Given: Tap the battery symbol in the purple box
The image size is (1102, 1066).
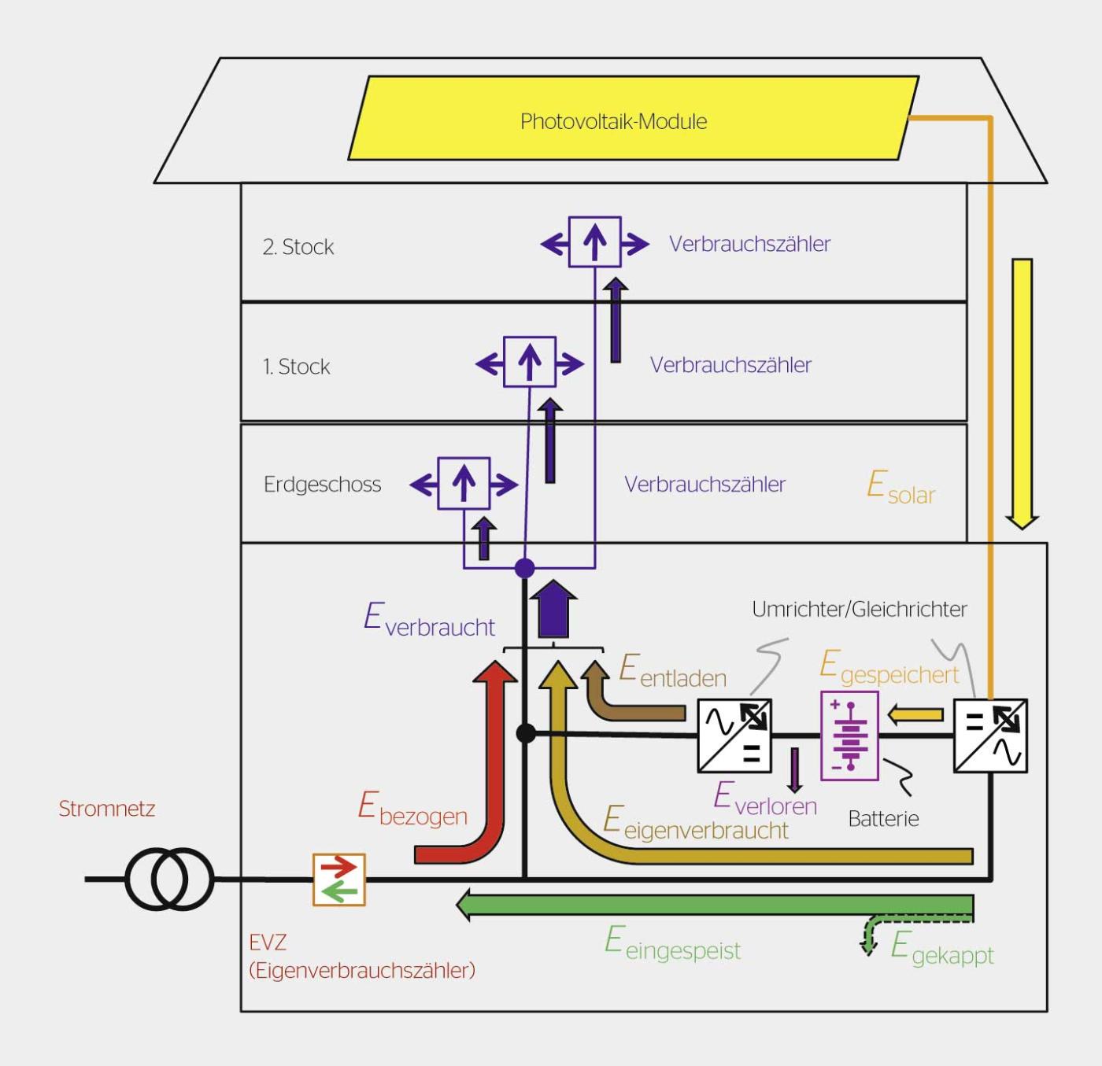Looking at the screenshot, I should click(849, 736).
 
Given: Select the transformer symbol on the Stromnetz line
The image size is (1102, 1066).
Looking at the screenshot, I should click(169, 879).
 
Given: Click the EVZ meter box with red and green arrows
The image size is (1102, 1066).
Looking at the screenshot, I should click(339, 879).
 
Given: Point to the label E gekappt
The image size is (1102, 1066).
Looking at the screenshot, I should click(941, 948).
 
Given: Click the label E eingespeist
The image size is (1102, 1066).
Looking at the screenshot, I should click(672, 943).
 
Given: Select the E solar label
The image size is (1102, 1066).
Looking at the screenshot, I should click(900, 487).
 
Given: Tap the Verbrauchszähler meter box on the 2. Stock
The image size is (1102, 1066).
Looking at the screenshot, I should click(594, 242).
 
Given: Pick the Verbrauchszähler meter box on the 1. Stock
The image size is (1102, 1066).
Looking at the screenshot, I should click(530, 362).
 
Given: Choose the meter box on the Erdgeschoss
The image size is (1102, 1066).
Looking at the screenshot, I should click(464, 483).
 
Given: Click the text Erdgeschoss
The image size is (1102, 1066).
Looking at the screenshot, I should click(322, 485).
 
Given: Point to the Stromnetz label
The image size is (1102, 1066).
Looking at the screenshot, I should click(107, 809).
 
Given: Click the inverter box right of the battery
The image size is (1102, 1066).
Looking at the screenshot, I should click(990, 735).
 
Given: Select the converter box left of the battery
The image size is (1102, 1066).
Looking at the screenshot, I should click(734, 735).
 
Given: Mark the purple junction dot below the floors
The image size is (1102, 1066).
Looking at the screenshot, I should click(524, 568).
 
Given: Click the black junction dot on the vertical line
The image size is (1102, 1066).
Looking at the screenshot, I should click(526, 734).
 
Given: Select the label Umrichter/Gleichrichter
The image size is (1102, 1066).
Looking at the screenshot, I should click(859, 610).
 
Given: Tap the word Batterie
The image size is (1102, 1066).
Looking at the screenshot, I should click(883, 819).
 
